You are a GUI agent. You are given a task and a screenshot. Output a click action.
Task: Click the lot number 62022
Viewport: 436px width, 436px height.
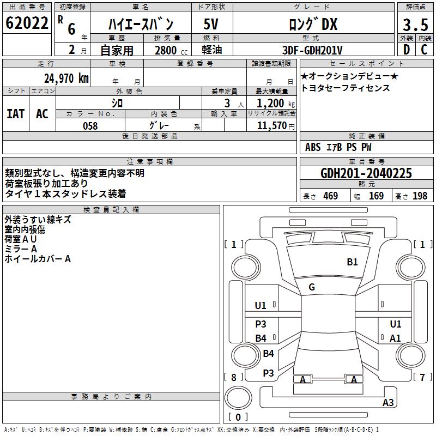pyautogui.click(x=26, y=23)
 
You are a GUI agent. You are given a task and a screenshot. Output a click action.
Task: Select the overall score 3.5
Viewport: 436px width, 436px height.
pyautogui.click(x=414, y=25)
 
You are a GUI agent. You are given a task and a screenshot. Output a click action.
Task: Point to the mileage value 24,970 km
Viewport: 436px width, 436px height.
pyautogui.click(x=66, y=78)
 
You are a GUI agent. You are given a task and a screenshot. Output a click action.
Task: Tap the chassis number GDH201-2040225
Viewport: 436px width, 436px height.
pyautogui.click(x=366, y=173)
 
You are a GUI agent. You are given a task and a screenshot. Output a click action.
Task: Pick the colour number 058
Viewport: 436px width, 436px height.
pyautogui.click(x=90, y=126)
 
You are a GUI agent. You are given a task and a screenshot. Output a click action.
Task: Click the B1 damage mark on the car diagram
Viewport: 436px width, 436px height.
pyautogui.click(x=353, y=262)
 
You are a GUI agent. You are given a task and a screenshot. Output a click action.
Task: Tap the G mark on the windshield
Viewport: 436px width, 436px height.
pyautogui.click(x=312, y=287)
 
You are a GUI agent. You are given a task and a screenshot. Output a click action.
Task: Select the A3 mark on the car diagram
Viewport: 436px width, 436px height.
pyautogui.click(x=388, y=403)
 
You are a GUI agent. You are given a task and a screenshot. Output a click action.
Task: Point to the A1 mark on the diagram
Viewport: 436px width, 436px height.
pyautogui.click(x=396, y=338)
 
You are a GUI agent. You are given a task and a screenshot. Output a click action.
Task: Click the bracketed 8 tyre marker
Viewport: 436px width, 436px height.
pyautogui.click(x=233, y=377)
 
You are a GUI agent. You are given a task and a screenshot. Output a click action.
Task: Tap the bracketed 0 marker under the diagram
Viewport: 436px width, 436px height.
pyautogui.click(x=238, y=417)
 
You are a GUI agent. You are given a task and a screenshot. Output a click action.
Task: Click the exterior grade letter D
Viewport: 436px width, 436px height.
pyautogui.click(x=406, y=50)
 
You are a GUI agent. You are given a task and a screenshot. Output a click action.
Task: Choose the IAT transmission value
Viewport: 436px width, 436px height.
pyautogui.click(x=16, y=114)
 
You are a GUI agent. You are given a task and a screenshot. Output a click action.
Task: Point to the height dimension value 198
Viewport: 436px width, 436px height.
pyautogui.click(x=420, y=196)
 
